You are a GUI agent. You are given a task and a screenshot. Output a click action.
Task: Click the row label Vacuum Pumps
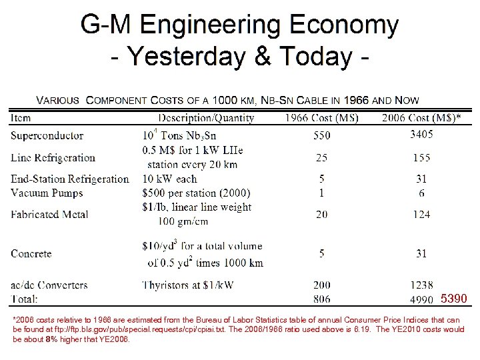pos(46,193)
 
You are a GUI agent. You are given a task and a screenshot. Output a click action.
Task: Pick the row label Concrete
pos(31,254)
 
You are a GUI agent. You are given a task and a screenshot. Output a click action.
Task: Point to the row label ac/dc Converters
pos(49,285)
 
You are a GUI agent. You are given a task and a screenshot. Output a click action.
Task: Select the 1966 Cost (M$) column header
pos(322,118)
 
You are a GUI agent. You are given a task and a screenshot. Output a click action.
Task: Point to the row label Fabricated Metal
pos(51,214)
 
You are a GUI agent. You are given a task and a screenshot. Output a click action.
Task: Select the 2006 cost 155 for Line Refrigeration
pos(421,158)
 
